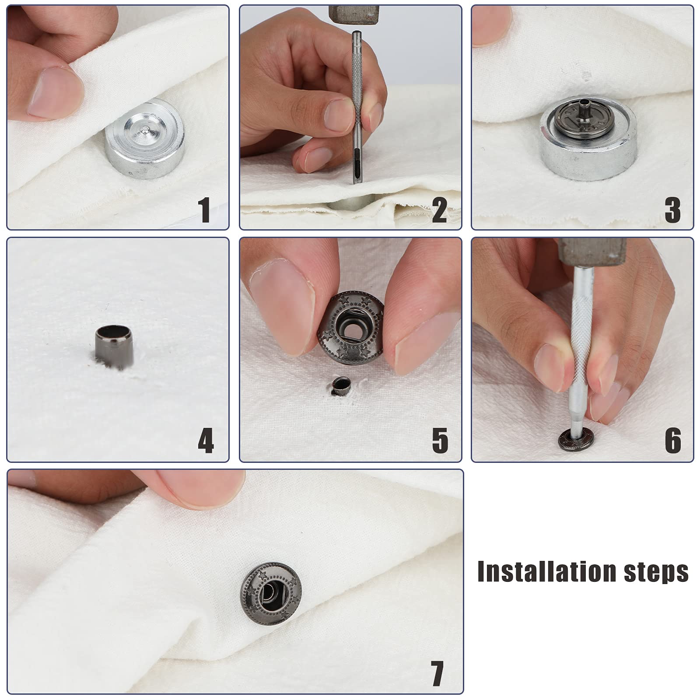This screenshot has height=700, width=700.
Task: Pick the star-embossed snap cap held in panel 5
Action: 350,328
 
